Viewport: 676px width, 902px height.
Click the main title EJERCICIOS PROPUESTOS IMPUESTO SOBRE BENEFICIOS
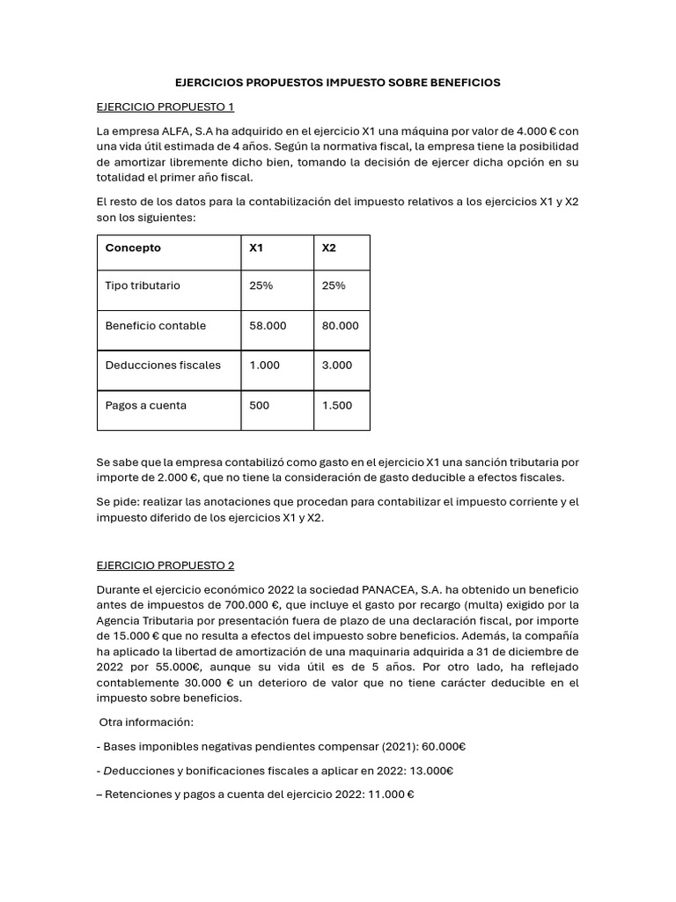(x=337, y=82)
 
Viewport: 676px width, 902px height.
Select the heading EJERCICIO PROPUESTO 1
(x=165, y=107)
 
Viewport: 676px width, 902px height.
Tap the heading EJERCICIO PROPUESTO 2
(x=165, y=565)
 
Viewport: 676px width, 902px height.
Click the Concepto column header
(x=133, y=248)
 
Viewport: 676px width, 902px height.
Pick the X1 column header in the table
(x=256, y=248)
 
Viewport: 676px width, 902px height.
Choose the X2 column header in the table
(x=328, y=248)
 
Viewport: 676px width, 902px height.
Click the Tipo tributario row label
(x=143, y=286)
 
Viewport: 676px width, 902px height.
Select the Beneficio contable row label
(x=155, y=326)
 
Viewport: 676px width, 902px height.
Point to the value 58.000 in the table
(x=268, y=326)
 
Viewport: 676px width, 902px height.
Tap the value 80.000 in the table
(x=340, y=326)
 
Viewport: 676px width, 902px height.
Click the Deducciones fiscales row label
(x=163, y=366)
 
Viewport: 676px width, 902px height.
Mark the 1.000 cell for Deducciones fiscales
(x=264, y=366)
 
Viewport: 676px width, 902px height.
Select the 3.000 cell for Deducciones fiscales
(x=336, y=366)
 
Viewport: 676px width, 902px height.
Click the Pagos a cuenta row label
(x=145, y=406)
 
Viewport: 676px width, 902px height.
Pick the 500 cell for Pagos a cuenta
(x=260, y=406)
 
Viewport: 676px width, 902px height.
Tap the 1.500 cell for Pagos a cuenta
(x=336, y=406)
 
